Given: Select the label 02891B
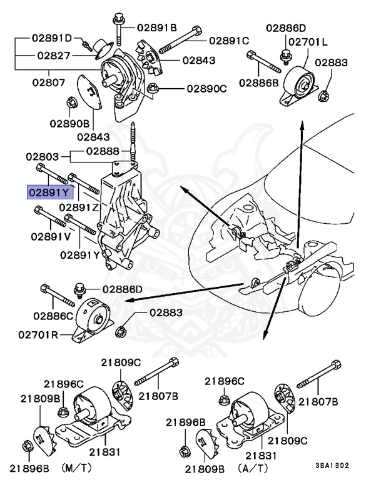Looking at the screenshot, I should click(157, 27).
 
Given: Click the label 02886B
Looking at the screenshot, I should click(258, 82).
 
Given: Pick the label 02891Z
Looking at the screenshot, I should click(78, 206).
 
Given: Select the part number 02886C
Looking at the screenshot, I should click(53, 316).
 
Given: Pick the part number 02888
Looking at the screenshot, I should click(103, 151).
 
